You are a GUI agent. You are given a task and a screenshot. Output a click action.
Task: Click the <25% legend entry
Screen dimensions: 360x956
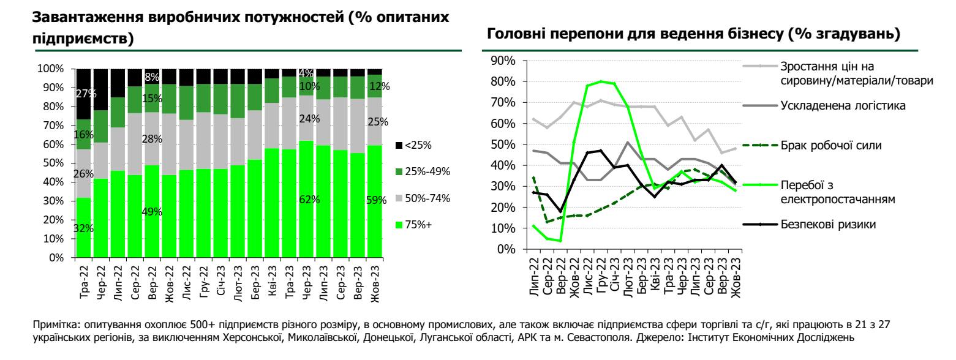point(418,145)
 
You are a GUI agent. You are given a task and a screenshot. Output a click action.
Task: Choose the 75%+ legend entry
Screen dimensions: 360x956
point(418,225)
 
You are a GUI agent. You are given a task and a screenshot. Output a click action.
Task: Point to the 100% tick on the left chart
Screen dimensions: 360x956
point(51,69)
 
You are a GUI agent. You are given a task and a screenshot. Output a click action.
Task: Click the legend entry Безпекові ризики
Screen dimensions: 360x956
point(827,224)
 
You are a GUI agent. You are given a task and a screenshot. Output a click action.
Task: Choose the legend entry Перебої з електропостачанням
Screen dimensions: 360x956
point(834,191)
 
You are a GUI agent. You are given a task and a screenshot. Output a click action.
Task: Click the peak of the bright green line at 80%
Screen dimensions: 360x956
point(601,81)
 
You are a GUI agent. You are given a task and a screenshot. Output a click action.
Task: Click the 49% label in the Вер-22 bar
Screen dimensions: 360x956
point(152,212)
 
